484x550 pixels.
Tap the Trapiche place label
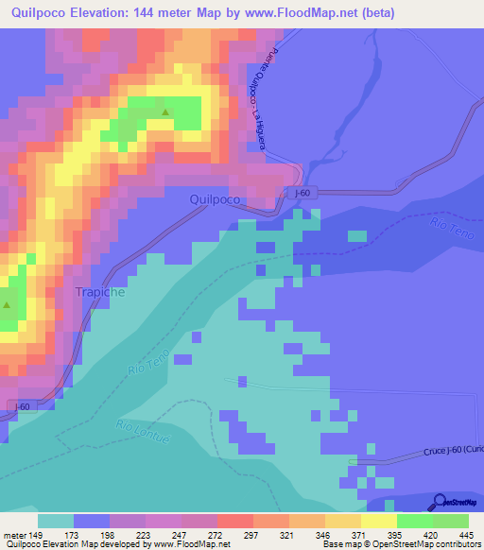[x=99, y=293]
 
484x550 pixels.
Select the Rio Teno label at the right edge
[x=448, y=228]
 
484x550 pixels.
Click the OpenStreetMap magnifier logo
[x=440, y=503]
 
